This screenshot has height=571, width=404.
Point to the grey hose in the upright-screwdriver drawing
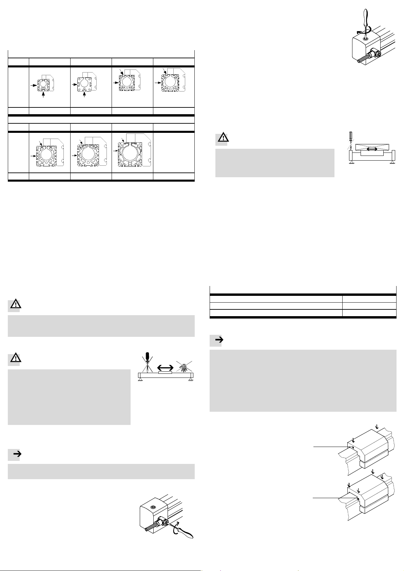coord(363,59)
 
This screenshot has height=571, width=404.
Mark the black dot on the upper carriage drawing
coord(353,447)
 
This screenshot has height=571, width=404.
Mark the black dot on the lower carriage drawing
coord(358,498)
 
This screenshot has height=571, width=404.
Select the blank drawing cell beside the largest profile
coord(174,152)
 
